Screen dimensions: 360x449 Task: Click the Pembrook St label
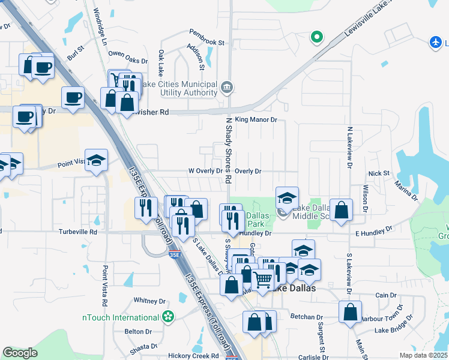(x=206, y=43)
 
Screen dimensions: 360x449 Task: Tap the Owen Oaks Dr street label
(x=128, y=57)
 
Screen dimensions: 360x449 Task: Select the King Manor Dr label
(x=256, y=120)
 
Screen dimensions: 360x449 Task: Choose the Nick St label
(x=379, y=173)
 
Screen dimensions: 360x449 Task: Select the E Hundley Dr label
(x=373, y=230)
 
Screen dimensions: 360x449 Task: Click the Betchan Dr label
(x=306, y=317)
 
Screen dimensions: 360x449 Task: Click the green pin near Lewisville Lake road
(x=316, y=37)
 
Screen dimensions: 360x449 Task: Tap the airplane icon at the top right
(x=437, y=43)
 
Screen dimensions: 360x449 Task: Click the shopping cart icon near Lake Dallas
(x=262, y=280)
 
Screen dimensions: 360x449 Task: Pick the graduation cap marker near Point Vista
(x=96, y=160)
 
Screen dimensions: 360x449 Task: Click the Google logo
(x=20, y=353)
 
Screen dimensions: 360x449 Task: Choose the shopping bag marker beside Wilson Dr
(x=340, y=209)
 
